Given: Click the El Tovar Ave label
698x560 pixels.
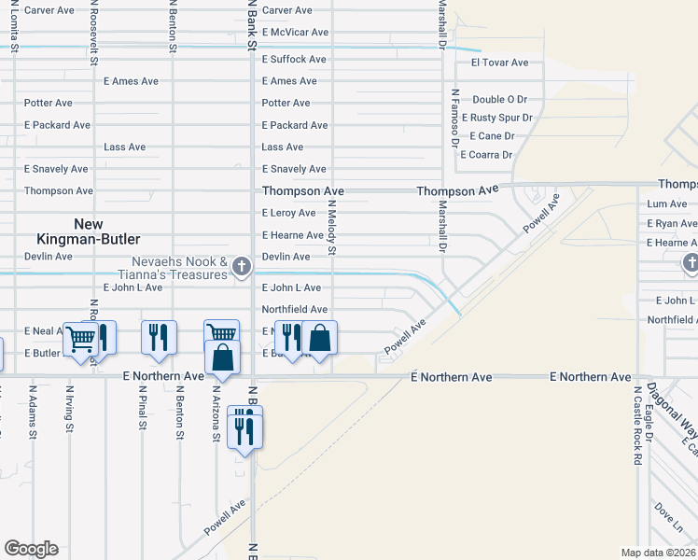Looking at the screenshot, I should coord(499,63).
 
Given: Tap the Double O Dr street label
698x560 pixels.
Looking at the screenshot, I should coord(499,99).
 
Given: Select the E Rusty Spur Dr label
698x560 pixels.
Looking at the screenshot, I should coord(496,118).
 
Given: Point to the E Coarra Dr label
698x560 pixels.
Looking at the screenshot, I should coord(486,155).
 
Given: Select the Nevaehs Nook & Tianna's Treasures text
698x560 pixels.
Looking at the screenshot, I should coord(179,268).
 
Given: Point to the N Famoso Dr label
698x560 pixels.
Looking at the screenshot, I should coord(454,118).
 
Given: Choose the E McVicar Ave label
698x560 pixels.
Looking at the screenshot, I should coord(295,32).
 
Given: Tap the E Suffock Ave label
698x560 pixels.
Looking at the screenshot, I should coord(294,59).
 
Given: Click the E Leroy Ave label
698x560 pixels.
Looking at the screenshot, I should coord(288,213).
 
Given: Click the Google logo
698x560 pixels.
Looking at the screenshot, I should coord(31,549).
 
